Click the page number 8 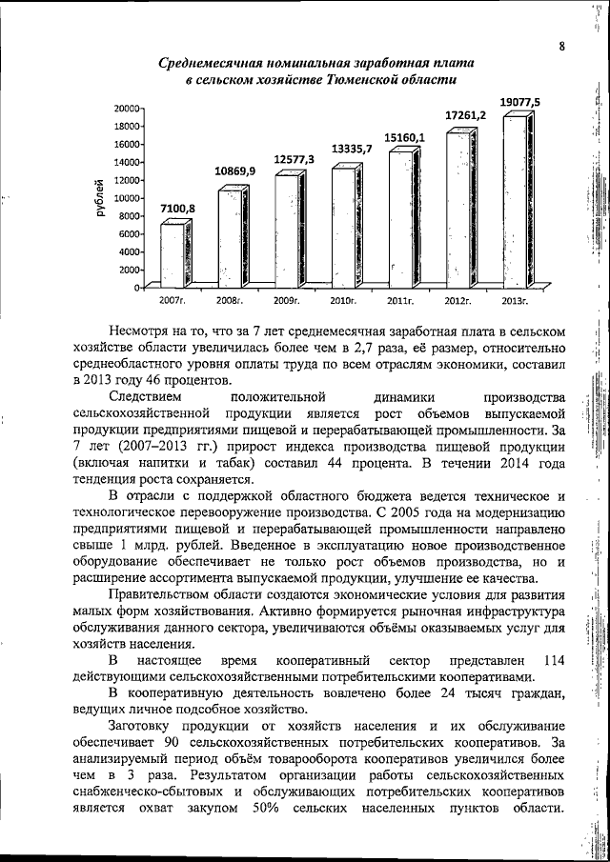point(562,45)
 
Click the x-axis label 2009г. point(287,301)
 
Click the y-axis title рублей point(98,198)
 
